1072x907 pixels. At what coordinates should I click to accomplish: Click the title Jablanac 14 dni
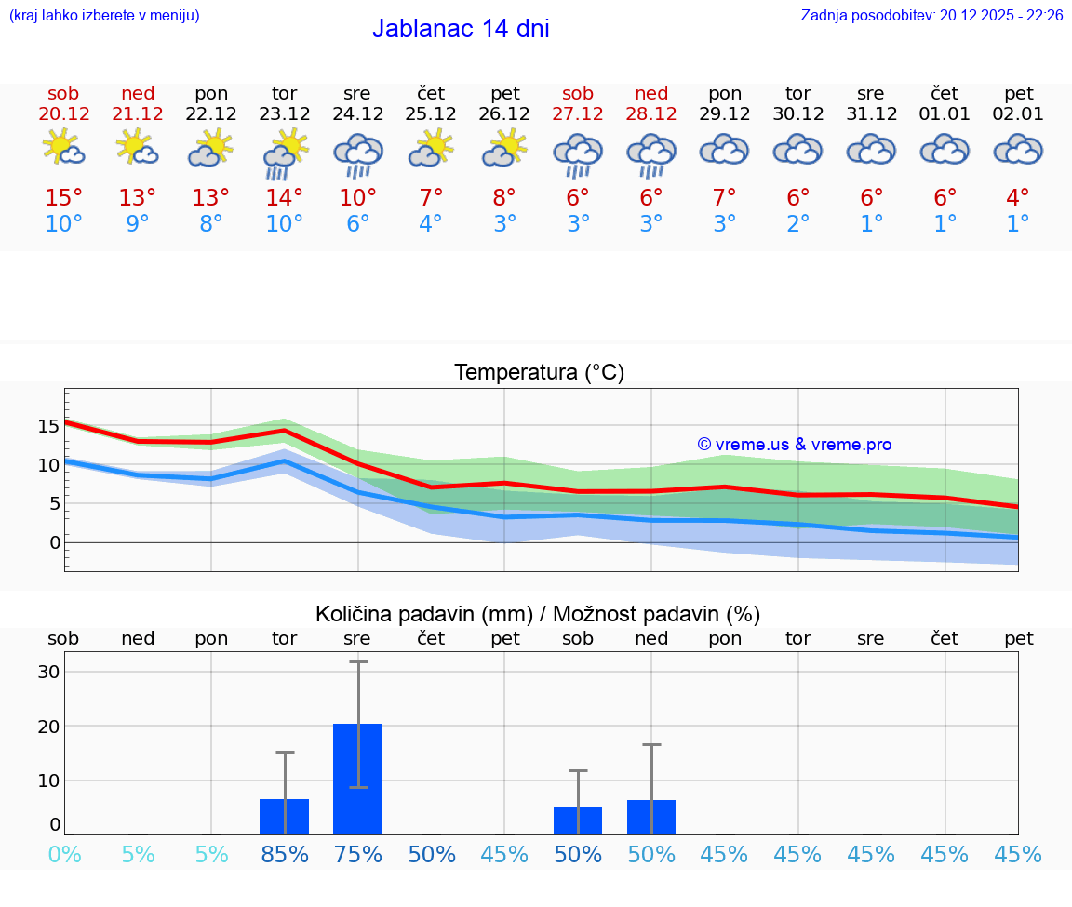point(461,29)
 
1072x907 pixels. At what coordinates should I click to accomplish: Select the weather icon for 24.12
point(358,154)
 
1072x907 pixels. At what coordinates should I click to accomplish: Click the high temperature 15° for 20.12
point(63,198)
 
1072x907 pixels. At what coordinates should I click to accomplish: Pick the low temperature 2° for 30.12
point(797,224)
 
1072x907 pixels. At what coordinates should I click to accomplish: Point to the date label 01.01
point(945,114)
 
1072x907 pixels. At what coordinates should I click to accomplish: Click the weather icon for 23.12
point(285,154)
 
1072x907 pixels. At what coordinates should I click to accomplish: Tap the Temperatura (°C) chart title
point(539,373)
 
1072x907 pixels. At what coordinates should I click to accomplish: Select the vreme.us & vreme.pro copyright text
point(794,445)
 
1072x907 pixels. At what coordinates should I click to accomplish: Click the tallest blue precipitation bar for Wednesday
point(357,779)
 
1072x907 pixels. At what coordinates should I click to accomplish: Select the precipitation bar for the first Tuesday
point(284,816)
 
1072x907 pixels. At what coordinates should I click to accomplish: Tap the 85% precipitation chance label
point(285,854)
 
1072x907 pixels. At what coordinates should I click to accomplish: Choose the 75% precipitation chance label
point(358,854)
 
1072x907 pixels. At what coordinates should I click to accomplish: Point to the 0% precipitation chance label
point(64,854)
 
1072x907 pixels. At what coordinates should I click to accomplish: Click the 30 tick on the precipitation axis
point(49,672)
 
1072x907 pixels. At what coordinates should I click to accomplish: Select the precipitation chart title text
point(538,614)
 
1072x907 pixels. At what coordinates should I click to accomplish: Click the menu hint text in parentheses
point(104,16)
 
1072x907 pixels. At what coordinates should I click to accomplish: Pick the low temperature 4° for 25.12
point(431,224)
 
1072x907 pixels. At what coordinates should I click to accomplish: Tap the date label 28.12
point(651,114)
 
